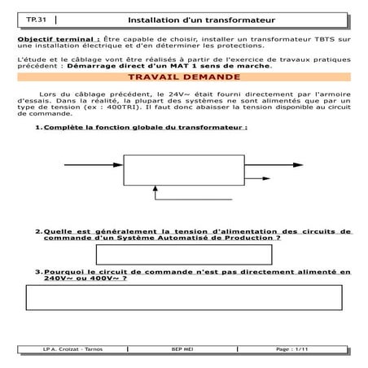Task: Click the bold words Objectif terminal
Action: (56, 39)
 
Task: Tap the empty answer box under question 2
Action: (183, 253)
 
